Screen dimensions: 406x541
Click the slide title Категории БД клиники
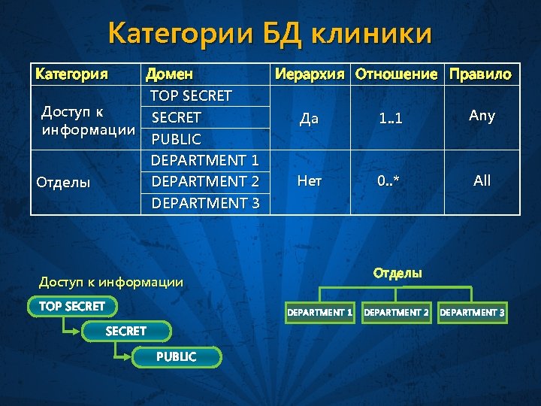tap(270, 34)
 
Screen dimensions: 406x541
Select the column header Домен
tap(169, 74)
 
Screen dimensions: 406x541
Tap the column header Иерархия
tap(310, 74)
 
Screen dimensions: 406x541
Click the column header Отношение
tap(396, 74)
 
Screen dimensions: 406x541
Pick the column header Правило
tap(480, 74)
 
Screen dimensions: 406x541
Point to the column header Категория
tap(72, 74)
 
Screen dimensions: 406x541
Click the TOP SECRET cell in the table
tap(191, 96)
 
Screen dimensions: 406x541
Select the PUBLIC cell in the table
tap(177, 139)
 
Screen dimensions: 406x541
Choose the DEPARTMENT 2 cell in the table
tap(205, 181)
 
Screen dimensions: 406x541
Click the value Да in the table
tap(309, 118)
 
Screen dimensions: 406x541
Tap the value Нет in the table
tap(310, 181)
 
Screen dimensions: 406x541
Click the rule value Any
tap(482, 116)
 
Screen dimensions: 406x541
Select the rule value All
tap(482, 181)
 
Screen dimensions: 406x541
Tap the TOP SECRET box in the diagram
tap(67, 306)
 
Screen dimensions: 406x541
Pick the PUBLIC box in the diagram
tap(177, 356)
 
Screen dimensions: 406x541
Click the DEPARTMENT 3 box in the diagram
tap(473, 312)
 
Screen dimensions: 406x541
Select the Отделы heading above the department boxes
tap(397, 273)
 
